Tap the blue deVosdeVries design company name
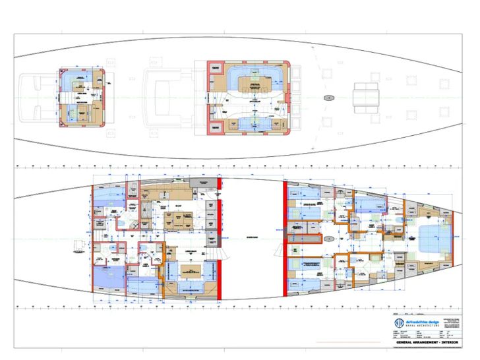pos(422,321)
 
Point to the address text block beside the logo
pos(455,322)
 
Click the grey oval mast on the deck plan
pos(328,97)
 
